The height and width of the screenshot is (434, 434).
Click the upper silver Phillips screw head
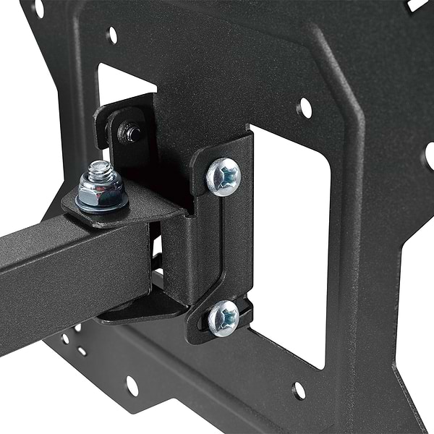tap(224, 176)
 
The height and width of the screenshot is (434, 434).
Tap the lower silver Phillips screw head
tap(224, 318)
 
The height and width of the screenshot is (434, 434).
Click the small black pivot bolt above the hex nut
tap(132, 132)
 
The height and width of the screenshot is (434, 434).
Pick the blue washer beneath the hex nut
tap(103, 207)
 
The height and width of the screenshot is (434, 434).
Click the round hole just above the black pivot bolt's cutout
tap(112, 34)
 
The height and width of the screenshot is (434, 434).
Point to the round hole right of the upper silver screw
tap(305, 109)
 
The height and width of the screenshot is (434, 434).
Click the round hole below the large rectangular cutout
tap(299, 391)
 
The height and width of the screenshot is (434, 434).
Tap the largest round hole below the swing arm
tap(132, 385)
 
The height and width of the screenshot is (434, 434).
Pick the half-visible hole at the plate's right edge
tap(430, 156)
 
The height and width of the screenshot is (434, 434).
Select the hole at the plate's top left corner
tap(38, 8)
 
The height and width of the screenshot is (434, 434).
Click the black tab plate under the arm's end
tap(145, 307)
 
